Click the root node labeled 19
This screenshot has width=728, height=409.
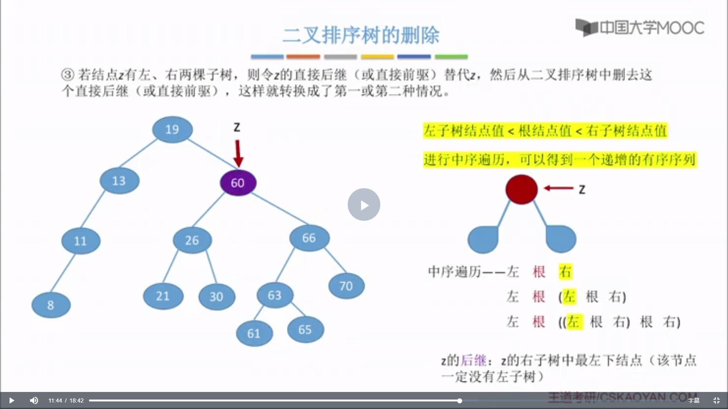[x=172, y=130]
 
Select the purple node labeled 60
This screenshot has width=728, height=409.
[x=238, y=183]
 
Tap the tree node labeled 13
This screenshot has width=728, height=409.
[x=119, y=181]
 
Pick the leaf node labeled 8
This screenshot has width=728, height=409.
[x=51, y=305]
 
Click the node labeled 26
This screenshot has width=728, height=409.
[x=192, y=240]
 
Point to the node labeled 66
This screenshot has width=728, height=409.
[x=309, y=238]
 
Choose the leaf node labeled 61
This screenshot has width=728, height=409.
[x=254, y=333]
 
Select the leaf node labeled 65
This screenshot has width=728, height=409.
[x=305, y=329]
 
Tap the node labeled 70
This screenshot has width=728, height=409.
[x=346, y=286]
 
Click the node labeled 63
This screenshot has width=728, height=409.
[x=275, y=295]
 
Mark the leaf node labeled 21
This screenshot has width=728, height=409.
[x=163, y=296]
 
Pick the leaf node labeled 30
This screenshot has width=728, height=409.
[x=217, y=296]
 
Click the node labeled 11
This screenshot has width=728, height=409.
[x=80, y=241]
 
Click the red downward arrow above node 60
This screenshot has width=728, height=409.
[x=238, y=153]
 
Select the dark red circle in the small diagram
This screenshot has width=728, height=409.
[x=521, y=189]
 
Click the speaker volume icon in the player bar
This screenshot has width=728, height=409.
[x=34, y=400]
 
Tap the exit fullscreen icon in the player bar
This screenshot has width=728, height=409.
[x=716, y=400]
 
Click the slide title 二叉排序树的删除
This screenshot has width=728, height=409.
[x=361, y=35]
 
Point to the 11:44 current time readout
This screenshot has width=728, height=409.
[x=55, y=401]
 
